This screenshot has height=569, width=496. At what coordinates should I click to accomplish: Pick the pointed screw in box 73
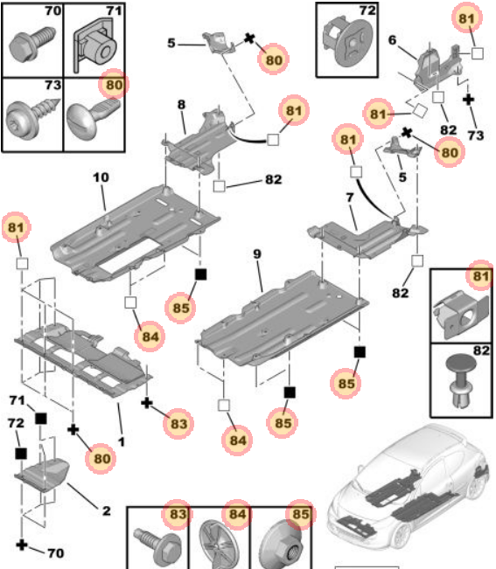pos(32,117)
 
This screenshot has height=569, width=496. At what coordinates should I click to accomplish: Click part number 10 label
pos(101,177)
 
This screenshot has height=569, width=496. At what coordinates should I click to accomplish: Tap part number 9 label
pos(257,253)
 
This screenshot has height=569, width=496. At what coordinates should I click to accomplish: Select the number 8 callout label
pos(181,105)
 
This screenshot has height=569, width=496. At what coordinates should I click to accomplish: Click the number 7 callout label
pos(350,198)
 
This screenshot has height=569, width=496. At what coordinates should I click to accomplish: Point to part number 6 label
pos(392,40)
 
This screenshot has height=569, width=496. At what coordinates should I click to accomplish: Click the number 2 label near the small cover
pos(107,511)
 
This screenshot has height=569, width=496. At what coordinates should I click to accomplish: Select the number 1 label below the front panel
pos(122,442)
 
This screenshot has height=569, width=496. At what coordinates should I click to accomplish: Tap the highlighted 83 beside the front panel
pos(178,424)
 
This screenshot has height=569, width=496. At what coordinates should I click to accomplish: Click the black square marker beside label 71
pos(41,420)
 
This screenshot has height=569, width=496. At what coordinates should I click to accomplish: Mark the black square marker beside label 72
pos(21,454)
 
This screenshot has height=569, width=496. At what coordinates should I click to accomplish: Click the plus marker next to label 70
pos(22,545)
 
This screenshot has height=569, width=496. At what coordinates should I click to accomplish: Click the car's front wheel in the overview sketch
pos(402,536)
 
